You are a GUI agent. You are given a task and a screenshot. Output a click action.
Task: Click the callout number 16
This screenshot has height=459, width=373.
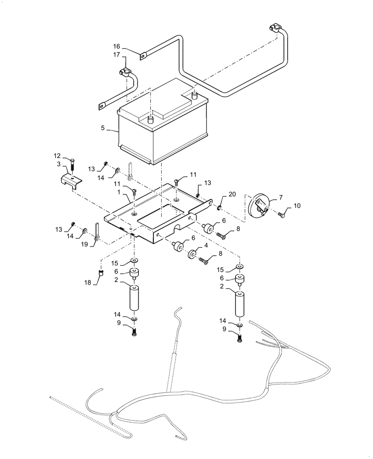[117, 46]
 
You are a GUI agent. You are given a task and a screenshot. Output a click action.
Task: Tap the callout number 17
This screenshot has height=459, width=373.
[117, 55]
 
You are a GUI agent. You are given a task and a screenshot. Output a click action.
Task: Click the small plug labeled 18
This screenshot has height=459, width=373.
[101, 274]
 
